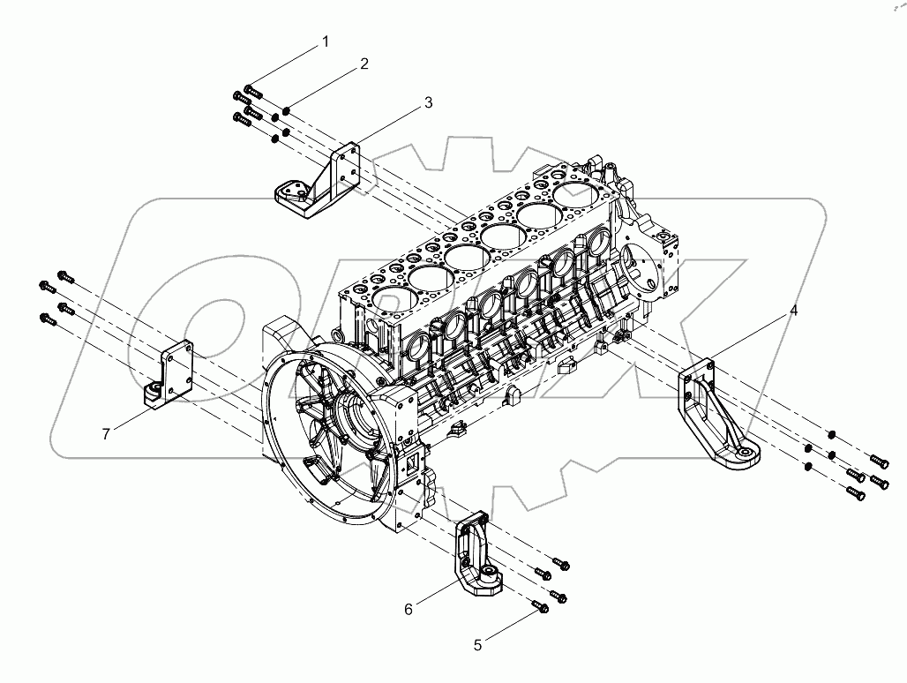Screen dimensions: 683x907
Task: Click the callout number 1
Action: pos(326,41)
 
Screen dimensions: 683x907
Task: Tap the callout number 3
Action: pos(428,102)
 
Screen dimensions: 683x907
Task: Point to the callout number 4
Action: pos(793,311)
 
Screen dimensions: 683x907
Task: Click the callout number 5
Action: pos(478,645)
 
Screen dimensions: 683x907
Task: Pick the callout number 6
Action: pos(409,609)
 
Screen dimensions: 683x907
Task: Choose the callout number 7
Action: pos(106,433)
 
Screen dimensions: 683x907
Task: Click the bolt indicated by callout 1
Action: pos(254,90)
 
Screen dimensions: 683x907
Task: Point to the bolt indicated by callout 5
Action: pos(541,606)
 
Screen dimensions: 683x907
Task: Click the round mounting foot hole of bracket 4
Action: pos(746,454)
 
